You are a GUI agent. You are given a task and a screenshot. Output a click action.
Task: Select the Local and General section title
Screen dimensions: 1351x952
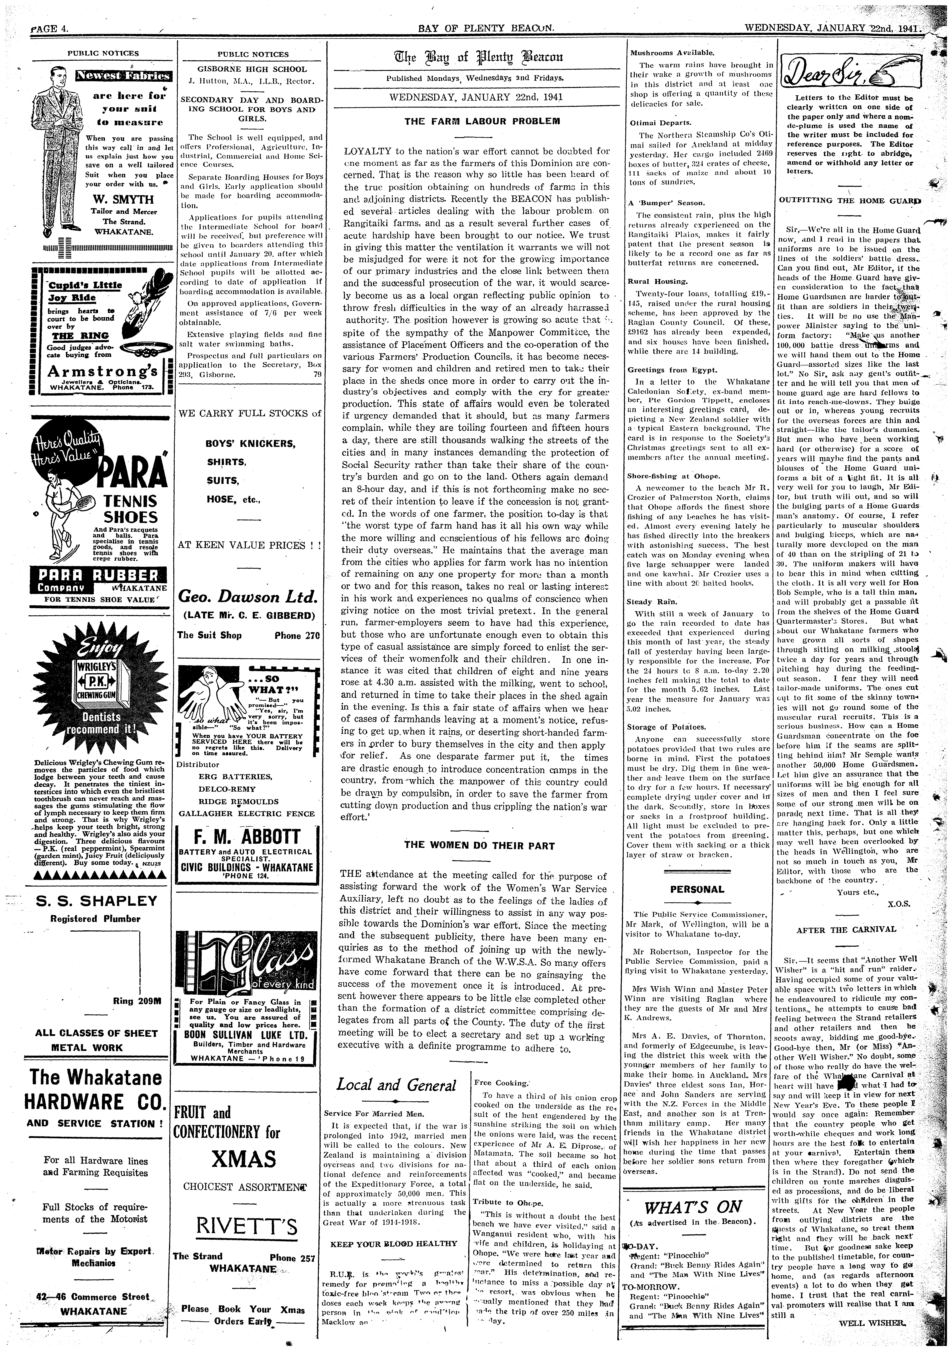point(396,1086)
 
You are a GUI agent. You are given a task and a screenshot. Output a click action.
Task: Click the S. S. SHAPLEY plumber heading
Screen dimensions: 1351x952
point(93,901)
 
